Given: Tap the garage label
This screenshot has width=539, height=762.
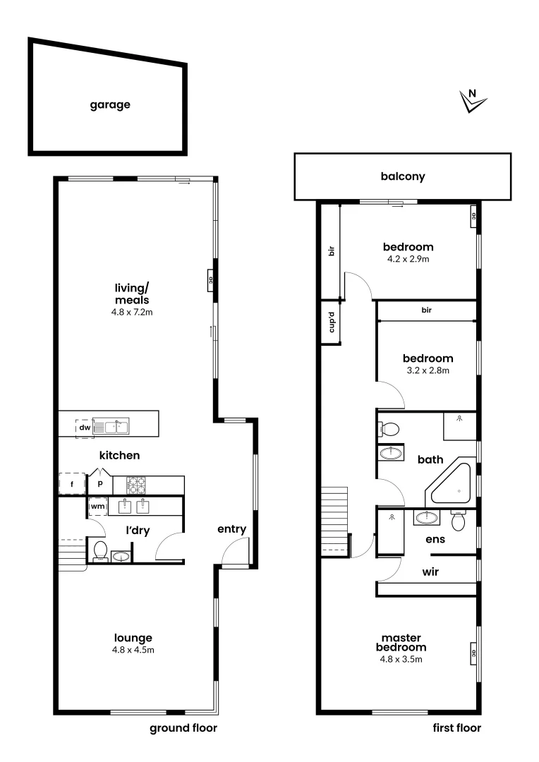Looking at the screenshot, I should pos(109,104).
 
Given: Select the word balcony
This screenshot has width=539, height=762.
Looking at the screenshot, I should pos(403,176).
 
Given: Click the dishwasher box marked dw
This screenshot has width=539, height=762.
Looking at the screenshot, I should pos(85,428).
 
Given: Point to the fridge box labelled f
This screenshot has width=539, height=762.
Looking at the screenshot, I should pos(71,485).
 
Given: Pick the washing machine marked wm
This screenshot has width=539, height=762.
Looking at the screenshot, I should pos(97,507).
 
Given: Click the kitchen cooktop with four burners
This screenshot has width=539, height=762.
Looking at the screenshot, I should pos(136,485).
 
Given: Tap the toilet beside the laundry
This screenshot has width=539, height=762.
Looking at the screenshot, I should pos(100,550).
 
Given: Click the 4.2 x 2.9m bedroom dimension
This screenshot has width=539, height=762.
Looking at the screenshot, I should pos(408,259).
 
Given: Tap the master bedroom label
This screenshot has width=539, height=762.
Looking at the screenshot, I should pos(401,642).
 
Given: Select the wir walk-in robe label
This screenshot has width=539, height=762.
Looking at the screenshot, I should pos(430,571).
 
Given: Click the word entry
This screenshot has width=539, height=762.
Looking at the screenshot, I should pos(231,529).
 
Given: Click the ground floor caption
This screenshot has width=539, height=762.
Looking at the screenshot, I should pos(183,728).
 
